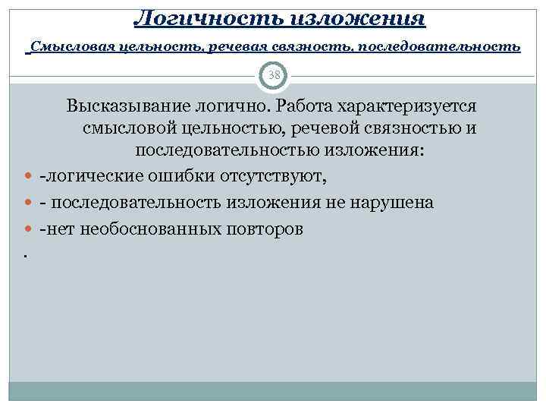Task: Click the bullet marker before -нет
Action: pyautogui.click(x=28, y=229)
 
